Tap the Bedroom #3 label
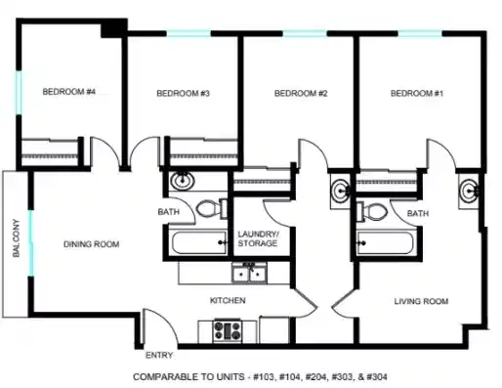[184, 94]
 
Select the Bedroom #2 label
[300, 94]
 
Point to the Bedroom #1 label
[417, 94]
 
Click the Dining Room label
[92, 244]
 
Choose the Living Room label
[422, 302]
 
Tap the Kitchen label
[228, 300]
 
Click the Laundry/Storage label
[258, 239]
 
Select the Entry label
[159, 356]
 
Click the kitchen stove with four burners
[230, 330]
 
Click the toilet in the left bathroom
[207, 208]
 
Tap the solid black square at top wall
[115, 26]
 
